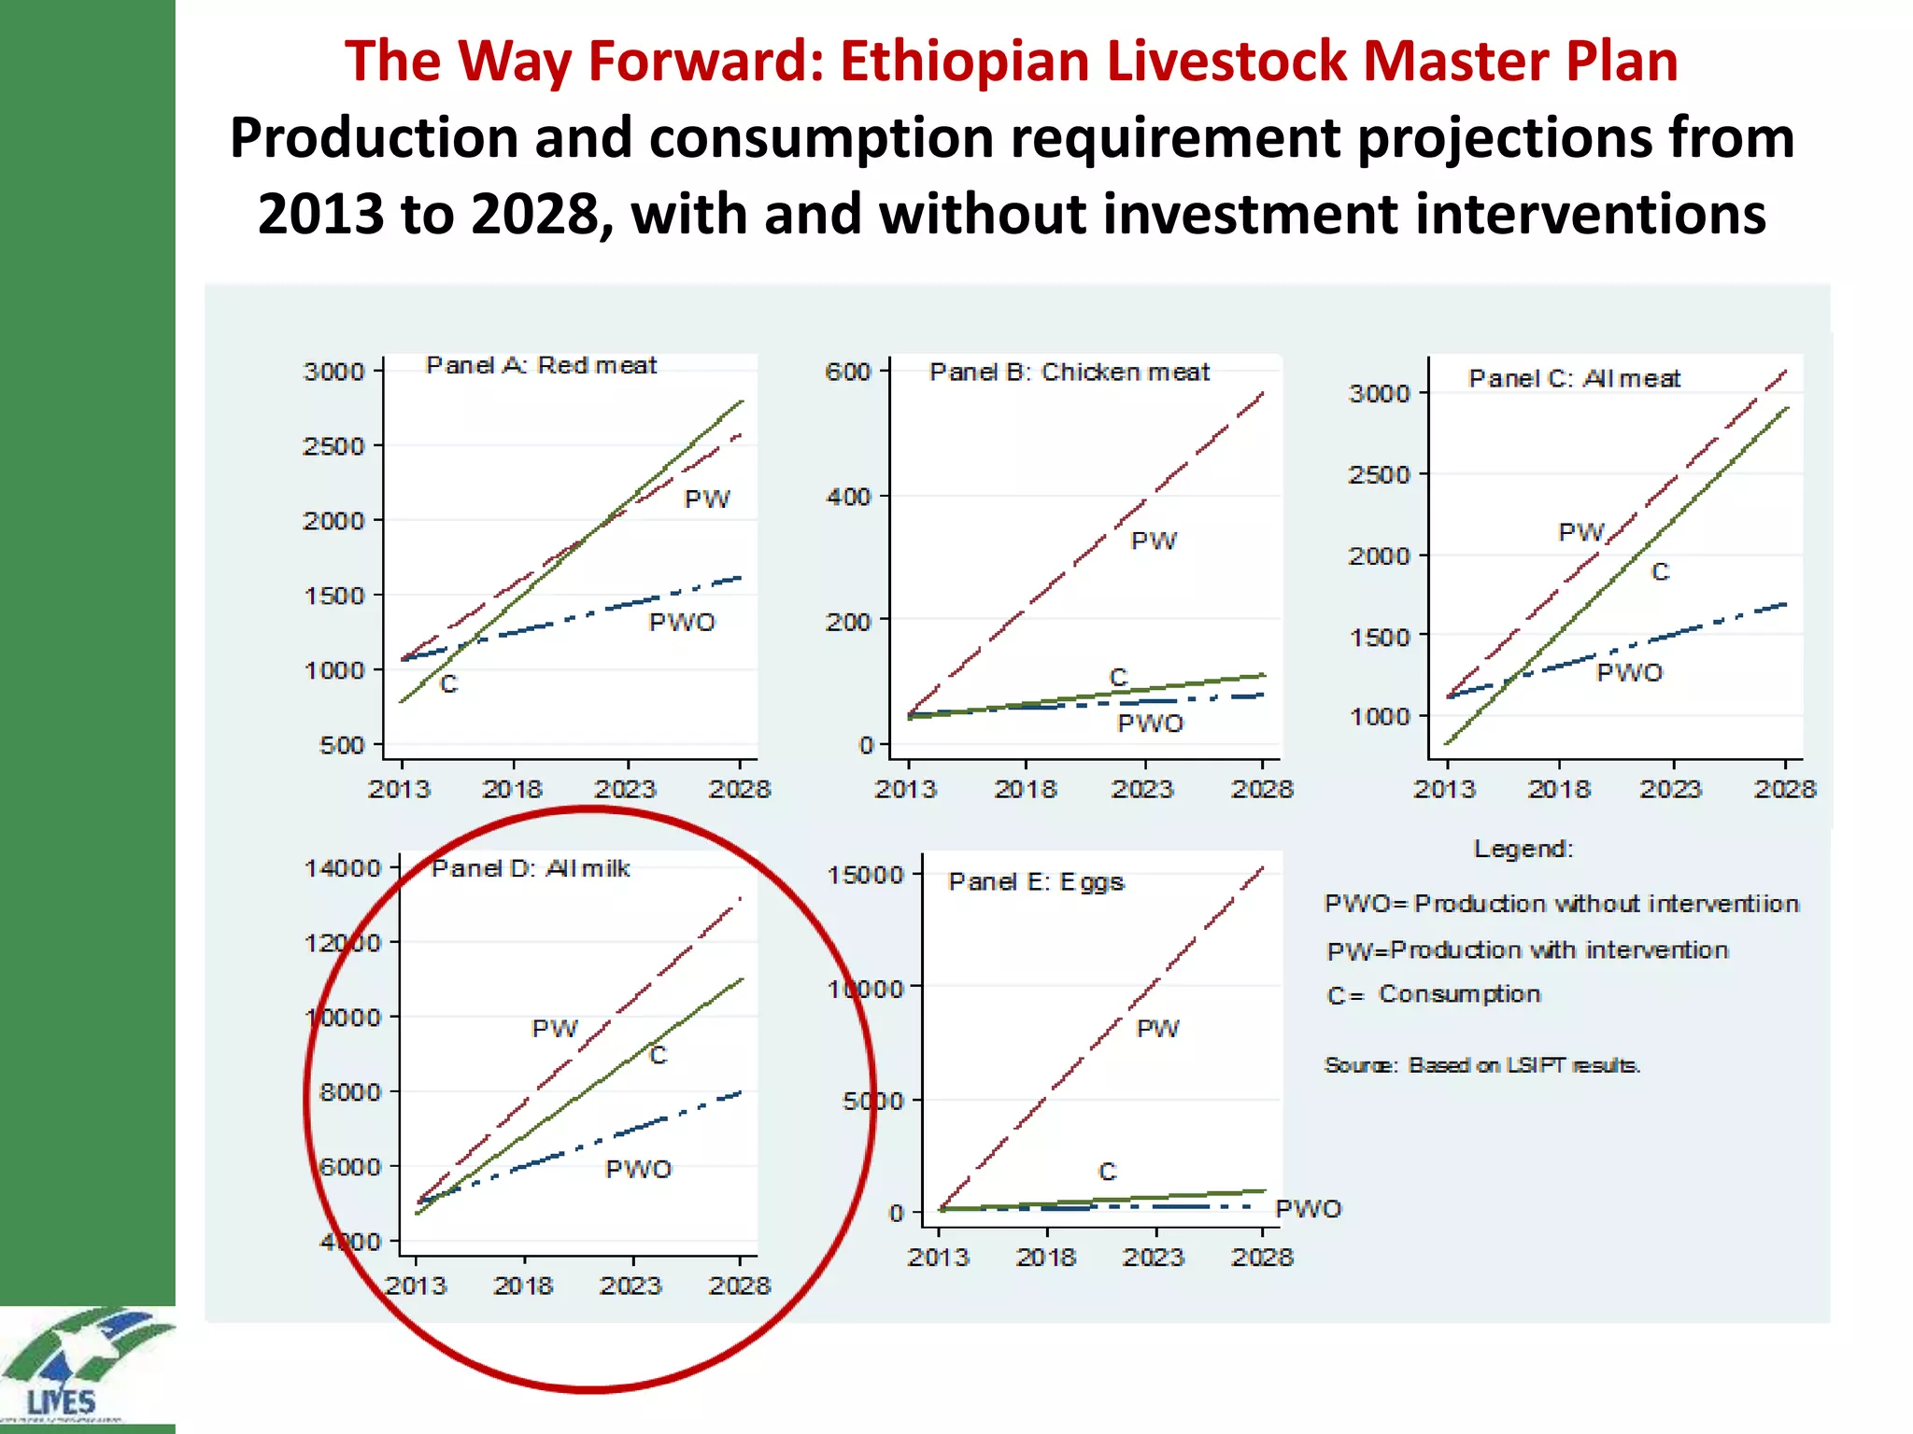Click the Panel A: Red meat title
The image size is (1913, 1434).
coord(541,365)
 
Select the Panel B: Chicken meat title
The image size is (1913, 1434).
coord(1069,373)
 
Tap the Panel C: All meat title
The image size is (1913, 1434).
coord(1574,378)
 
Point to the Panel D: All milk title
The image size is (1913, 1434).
coord(531,869)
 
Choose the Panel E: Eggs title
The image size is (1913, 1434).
coord(1036,882)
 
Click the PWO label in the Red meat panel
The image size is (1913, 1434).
coord(682,623)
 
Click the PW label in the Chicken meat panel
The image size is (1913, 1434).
coord(1154,541)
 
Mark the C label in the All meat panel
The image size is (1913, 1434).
coord(1660,572)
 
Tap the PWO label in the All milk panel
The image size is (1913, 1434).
coord(638,1170)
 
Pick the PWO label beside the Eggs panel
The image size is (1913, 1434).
coord(1308,1209)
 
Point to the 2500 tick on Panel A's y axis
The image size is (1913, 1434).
coord(333,446)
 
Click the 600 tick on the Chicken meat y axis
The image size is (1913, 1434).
coord(847,373)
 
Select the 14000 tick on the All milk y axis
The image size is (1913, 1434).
coord(343,869)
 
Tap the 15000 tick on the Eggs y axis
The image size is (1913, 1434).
coord(865,876)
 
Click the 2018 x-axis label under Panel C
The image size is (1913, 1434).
coord(1558,790)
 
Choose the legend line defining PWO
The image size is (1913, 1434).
coord(1561,904)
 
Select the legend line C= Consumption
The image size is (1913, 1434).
coord(1434,994)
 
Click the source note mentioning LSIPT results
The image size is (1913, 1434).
coord(1482,1065)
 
